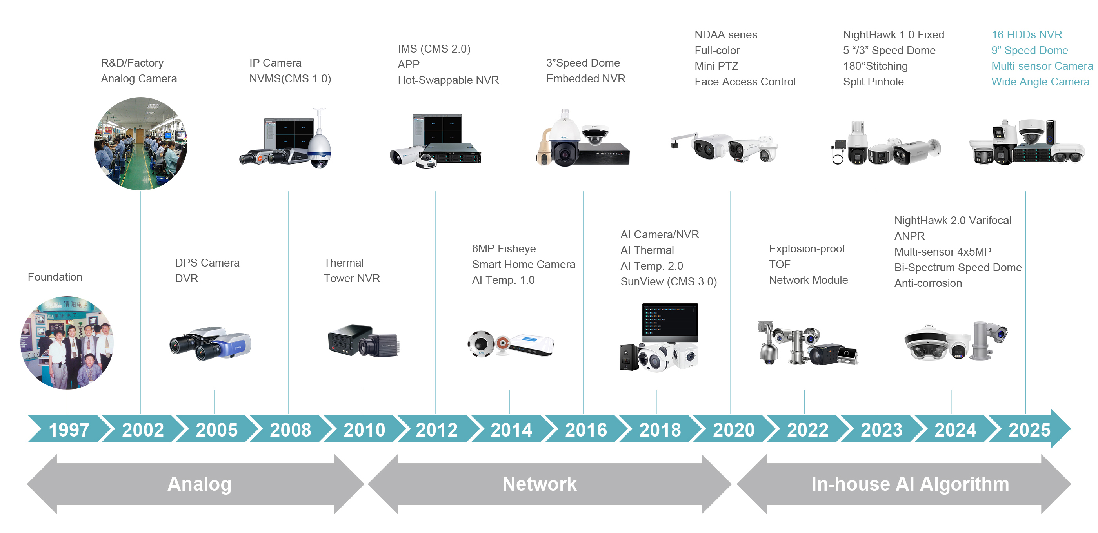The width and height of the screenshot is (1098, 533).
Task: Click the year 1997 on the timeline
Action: tap(69, 430)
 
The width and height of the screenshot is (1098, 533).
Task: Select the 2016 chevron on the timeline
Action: tap(585, 430)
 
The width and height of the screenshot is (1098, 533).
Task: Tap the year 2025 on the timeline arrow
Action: tap(1029, 430)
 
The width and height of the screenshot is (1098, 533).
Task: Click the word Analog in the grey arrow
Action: tap(199, 484)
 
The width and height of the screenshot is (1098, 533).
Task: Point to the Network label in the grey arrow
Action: tap(539, 484)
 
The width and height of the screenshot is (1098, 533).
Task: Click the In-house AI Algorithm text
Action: tap(910, 484)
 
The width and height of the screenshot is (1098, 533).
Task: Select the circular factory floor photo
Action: tap(141, 143)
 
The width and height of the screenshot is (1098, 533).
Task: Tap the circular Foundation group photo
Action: tap(67, 343)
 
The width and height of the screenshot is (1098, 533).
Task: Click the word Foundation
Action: tap(55, 277)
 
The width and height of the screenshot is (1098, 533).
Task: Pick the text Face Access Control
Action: tap(745, 82)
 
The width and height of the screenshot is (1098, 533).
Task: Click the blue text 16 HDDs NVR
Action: tap(1026, 34)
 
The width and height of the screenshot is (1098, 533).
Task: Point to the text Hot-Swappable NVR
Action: tap(448, 80)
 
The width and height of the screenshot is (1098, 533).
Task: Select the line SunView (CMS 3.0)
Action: tap(668, 282)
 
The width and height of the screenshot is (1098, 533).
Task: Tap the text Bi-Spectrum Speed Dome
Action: tap(957, 268)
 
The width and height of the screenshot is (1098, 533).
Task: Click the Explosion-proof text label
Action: tap(807, 249)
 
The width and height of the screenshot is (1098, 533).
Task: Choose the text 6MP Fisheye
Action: tap(504, 249)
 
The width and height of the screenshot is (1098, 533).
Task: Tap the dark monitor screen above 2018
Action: tap(670, 321)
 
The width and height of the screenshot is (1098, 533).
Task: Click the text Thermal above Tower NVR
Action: tap(343, 263)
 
